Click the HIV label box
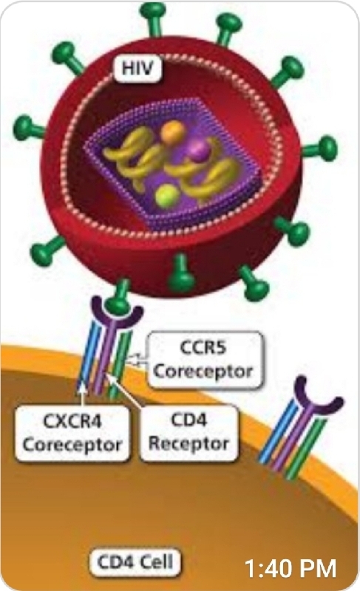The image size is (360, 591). (x=137, y=68)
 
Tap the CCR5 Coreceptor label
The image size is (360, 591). (x=204, y=360)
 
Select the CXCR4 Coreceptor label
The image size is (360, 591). (x=72, y=433)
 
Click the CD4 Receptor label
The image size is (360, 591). (x=189, y=432)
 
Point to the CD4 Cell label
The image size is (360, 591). (x=135, y=562)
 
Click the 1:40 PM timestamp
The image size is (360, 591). (x=291, y=568)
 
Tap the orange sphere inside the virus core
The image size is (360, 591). (x=173, y=132)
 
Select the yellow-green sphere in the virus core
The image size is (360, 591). (x=167, y=195)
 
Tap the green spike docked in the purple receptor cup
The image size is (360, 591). (x=119, y=297)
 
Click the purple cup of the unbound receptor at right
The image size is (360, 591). (x=319, y=397)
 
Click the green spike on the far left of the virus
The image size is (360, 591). (x=30, y=127)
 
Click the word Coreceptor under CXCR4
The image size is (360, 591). (x=72, y=445)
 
